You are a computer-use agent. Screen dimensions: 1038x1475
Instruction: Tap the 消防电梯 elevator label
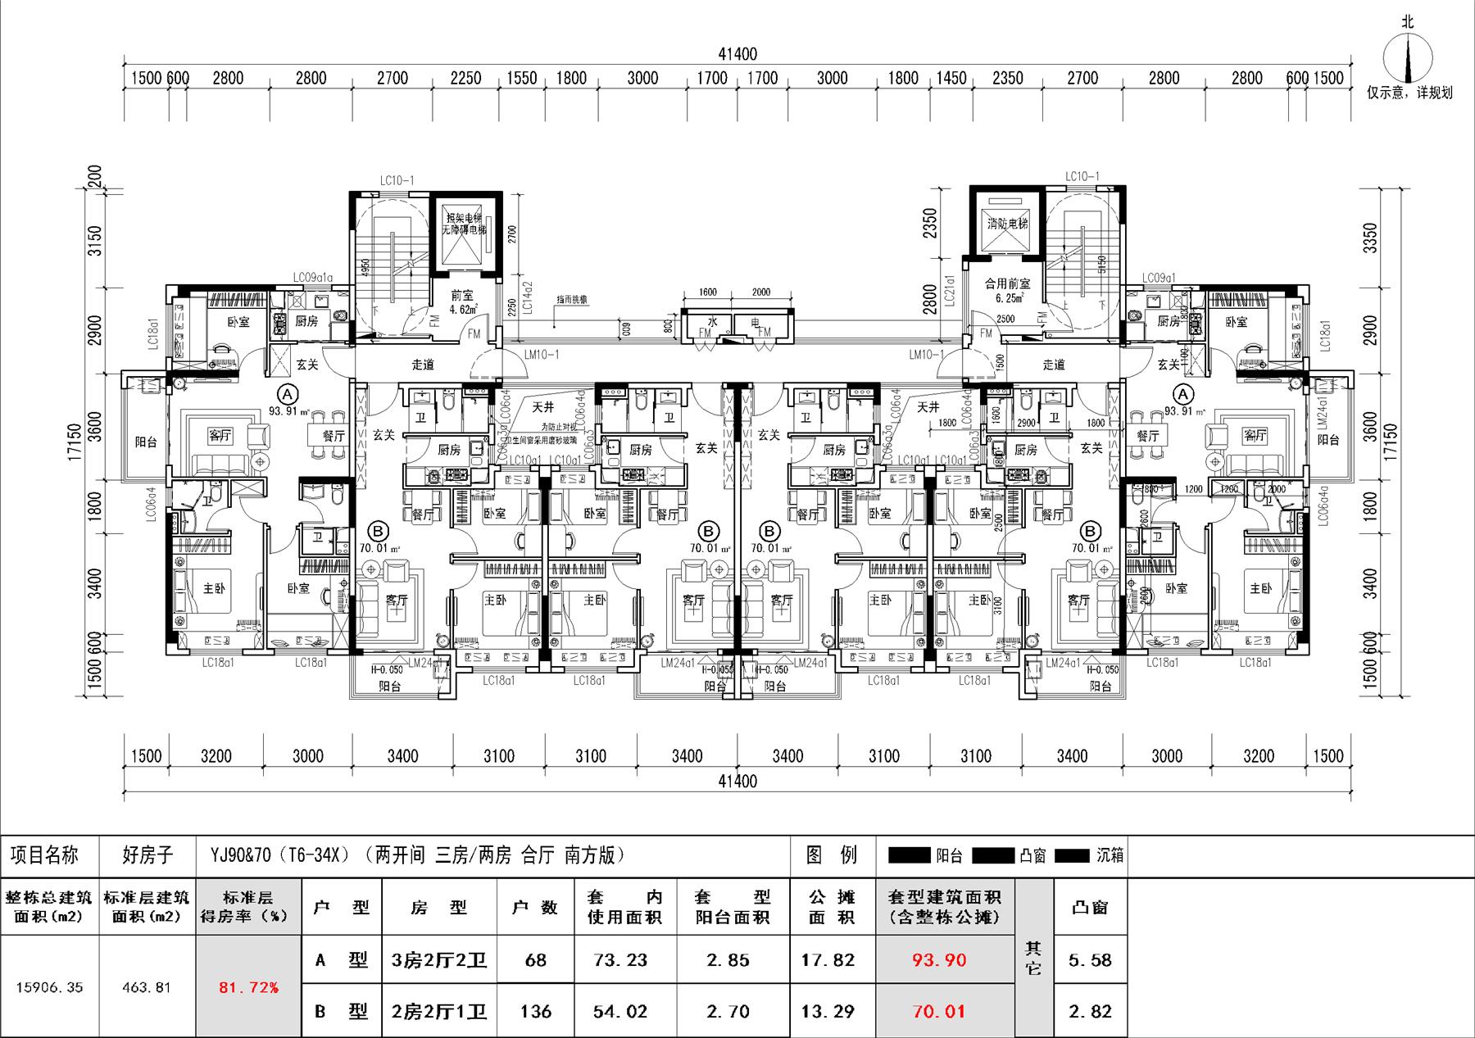coord(1007,224)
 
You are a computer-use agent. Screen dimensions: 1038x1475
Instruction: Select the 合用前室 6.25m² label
coord(1007,290)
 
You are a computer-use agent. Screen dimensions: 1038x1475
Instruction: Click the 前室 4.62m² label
coord(462,303)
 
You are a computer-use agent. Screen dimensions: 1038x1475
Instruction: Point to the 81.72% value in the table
coord(248,987)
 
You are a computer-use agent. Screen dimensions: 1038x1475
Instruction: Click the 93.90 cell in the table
coord(939,960)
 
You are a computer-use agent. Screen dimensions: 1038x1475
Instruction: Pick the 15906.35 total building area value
coord(49,987)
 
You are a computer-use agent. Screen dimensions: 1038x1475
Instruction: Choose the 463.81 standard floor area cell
coord(147,987)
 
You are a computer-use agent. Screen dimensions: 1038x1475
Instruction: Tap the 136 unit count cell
coord(535,1012)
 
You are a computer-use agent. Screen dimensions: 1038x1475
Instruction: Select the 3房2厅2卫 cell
coord(439,960)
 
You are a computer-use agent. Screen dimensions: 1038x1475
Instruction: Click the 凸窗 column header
coord(1090,908)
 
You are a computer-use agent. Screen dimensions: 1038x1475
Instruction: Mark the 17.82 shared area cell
coord(828,960)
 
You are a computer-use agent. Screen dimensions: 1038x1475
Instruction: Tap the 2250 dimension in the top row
coord(465,79)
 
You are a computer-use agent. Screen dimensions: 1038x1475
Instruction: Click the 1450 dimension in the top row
coord(951,79)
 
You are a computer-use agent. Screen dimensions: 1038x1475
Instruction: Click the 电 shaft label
coord(756,324)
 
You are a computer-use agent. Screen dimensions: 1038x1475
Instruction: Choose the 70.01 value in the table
coord(939,1012)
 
